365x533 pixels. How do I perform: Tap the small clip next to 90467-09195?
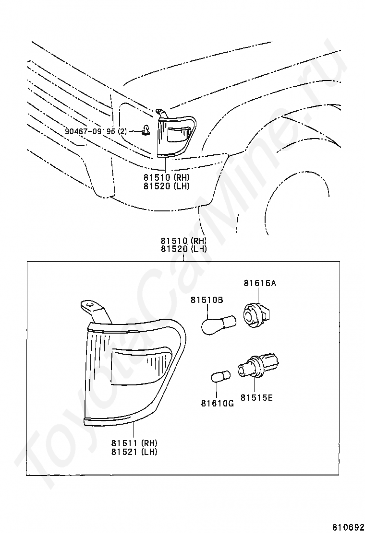(x=145, y=129)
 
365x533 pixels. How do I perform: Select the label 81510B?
(x=207, y=300)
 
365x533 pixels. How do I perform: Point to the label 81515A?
(x=260, y=283)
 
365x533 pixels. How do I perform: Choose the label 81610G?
(x=218, y=403)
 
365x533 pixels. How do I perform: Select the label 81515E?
(x=256, y=397)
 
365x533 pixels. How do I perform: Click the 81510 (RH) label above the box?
(x=183, y=241)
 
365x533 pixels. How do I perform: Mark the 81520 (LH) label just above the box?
(x=183, y=249)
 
